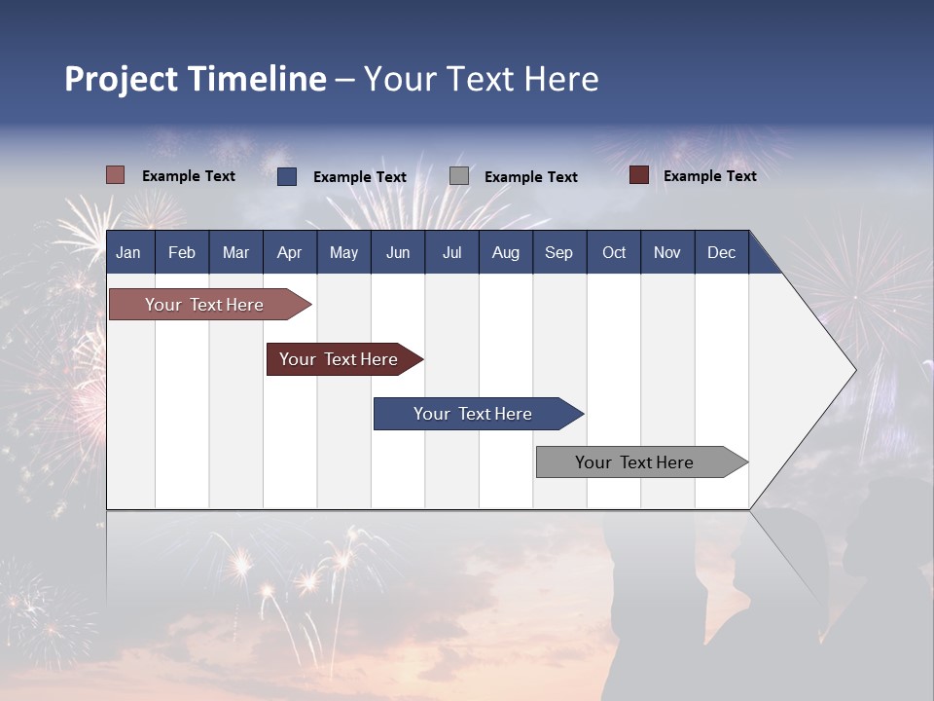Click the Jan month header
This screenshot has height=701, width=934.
(x=128, y=252)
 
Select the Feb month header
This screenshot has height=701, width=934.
(x=182, y=252)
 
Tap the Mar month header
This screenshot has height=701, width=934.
(x=235, y=252)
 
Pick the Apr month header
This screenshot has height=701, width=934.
(x=289, y=252)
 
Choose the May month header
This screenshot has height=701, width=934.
(x=343, y=252)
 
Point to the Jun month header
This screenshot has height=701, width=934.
(x=398, y=252)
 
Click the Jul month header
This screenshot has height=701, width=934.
(x=451, y=252)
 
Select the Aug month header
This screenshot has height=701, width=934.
(x=505, y=252)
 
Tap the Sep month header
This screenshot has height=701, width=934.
(x=558, y=252)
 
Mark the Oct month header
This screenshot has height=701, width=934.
(x=614, y=252)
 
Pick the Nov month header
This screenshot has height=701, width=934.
(x=667, y=252)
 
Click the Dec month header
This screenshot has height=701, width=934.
(x=721, y=252)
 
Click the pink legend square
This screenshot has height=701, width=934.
(x=116, y=175)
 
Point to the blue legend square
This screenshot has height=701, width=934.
(x=287, y=176)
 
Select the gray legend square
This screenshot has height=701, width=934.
(x=459, y=176)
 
